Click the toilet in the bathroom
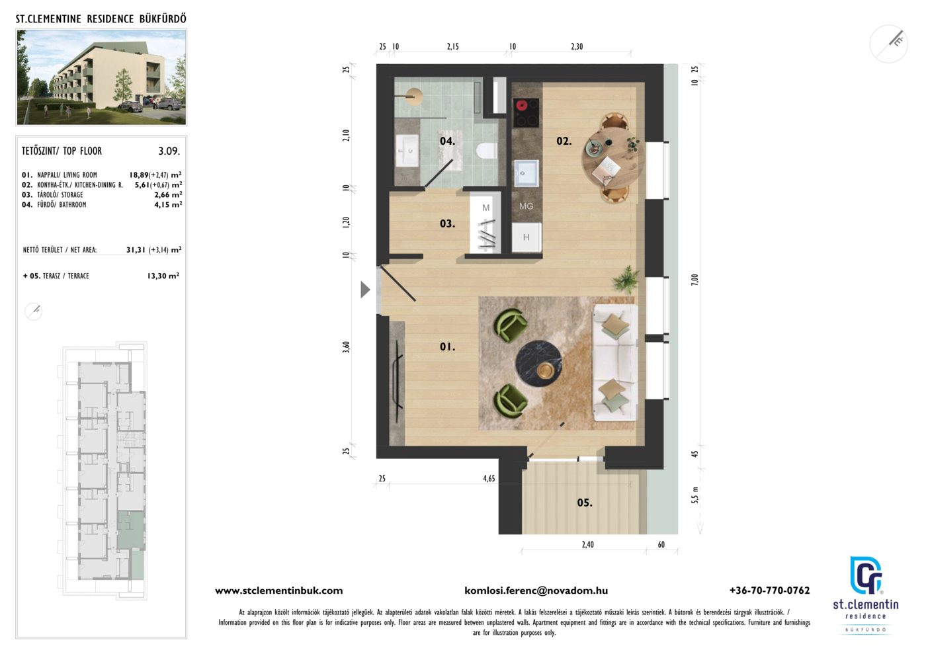pyautogui.click(x=486, y=151)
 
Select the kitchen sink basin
pyautogui.click(x=526, y=174)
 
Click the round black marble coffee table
pyautogui.click(x=538, y=364)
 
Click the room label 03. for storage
pyautogui.click(x=447, y=224)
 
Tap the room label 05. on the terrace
pyautogui.click(x=585, y=503)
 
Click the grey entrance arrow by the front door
pyautogui.click(x=365, y=290)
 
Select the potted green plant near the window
pyautogui.click(x=626, y=279)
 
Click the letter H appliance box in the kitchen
pyautogui.click(x=526, y=237)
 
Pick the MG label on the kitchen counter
pyautogui.click(x=526, y=206)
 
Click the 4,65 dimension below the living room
pyautogui.click(x=489, y=478)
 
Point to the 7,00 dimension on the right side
pyautogui.click(x=694, y=280)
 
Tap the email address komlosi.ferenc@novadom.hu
pyautogui.click(x=536, y=591)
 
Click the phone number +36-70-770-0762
pyautogui.click(x=770, y=591)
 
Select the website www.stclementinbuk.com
pyautogui.click(x=279, y=591)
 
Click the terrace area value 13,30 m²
pyautogui.click(x=163, y=276)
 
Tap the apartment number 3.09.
pyautogui.click(x=169, y=151)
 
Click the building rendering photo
pyautogui.click(x=101, y=77)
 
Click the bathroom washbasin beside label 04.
pyautogui.click(x=407, y=151)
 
